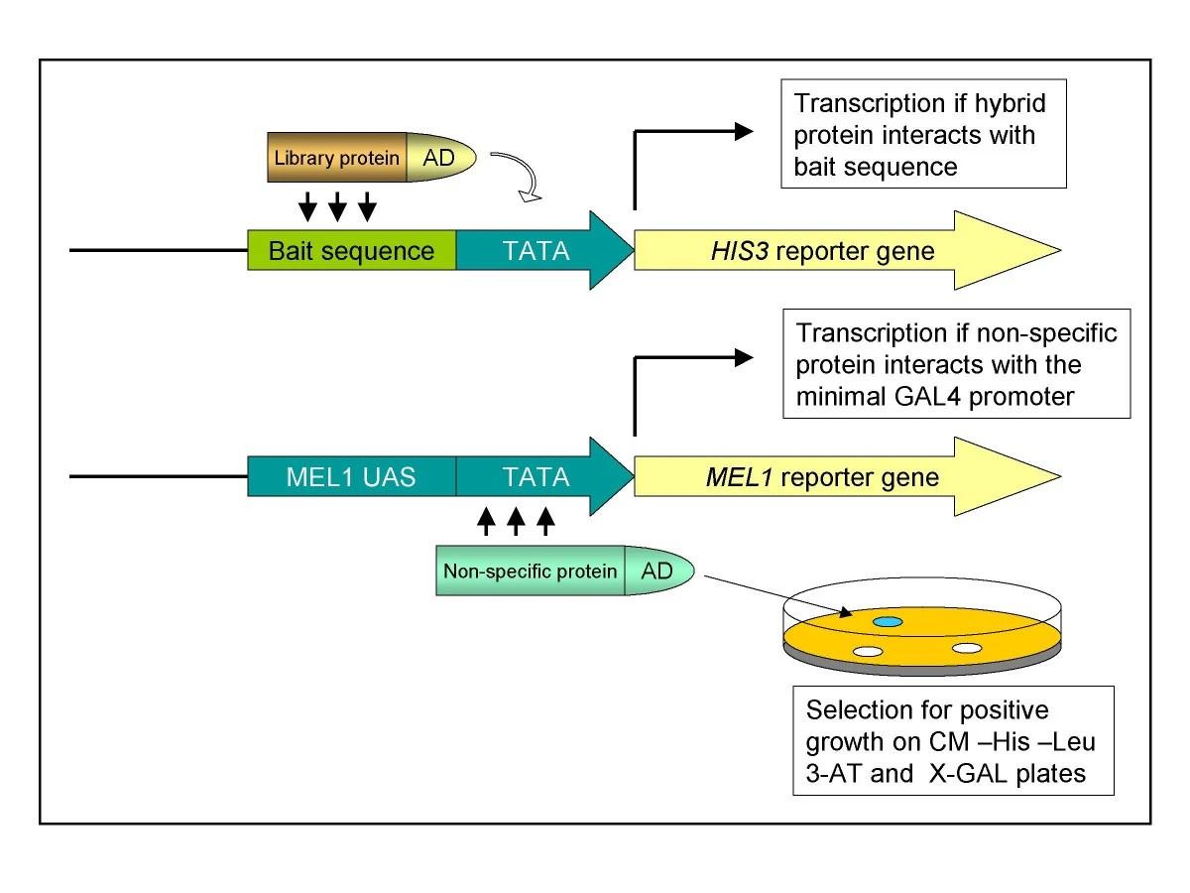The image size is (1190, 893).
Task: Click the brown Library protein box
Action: [x=337, y=158]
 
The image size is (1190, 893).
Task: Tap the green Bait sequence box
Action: [x=352, y=251]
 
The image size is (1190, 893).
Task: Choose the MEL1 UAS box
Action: [x=352, y=477]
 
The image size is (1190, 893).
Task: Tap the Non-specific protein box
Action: [x=530, y=572]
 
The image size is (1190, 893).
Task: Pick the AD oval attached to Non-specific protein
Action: [x=658, y=572]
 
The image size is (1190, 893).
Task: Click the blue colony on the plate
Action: [x=888, y=621]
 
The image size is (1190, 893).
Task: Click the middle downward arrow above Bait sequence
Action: [x=337, y=205]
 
